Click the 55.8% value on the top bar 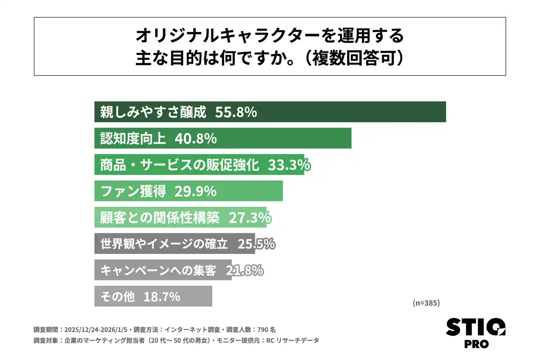[x=236, y=112]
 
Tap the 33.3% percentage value [x=289, y=165]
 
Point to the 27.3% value [x=250, y=217]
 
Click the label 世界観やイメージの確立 [x=164, y=244]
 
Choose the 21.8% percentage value [x=245, y=270]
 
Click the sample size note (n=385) [x=426, y=303]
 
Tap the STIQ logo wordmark [x=475, y=327]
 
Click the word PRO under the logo [x=476, y=344]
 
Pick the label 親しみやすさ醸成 [x=153, y=112]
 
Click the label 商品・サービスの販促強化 [x=179, y=165]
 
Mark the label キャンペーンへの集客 [x=158, y=270]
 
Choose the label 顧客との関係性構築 [x=159, y=217]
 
